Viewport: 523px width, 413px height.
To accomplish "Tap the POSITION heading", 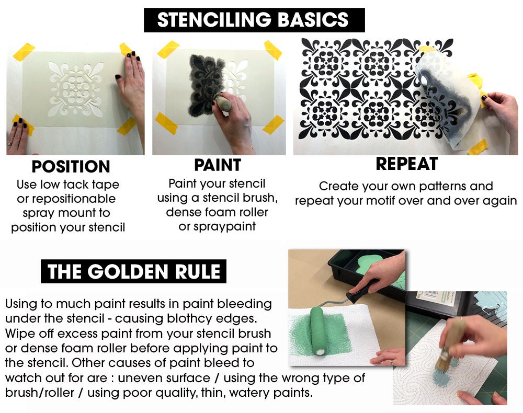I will click(x=71, y=167).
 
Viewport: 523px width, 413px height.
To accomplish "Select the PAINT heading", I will click(x=217, y=165).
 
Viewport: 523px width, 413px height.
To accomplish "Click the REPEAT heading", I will click(x=406, y=164).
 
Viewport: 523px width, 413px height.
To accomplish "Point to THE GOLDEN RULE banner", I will click(x=133, y=272).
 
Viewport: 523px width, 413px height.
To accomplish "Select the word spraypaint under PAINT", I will click(x=217, y=226).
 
